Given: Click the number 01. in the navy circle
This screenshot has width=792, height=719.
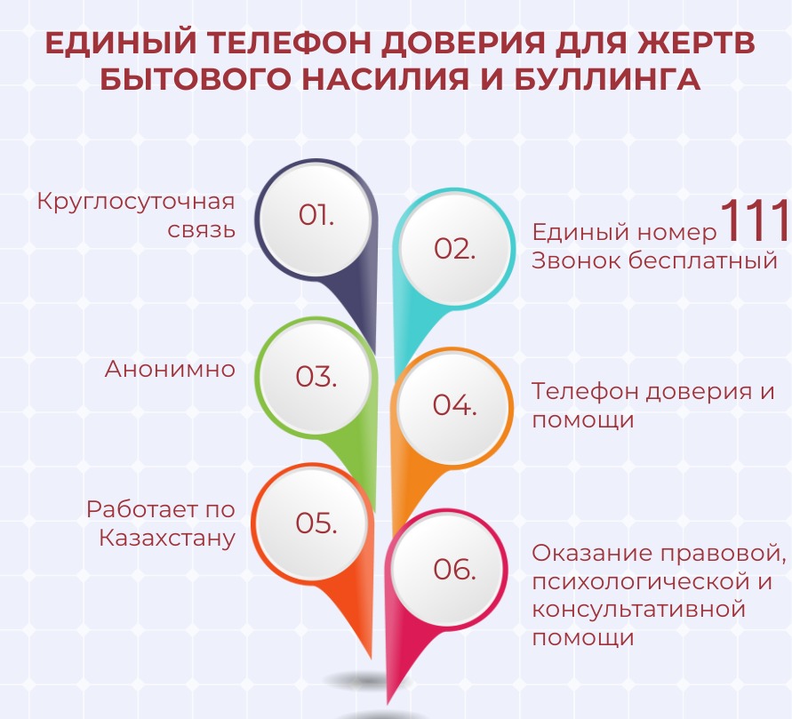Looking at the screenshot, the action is coord(316,215).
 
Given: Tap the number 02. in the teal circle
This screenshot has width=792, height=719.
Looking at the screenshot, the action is coord(454,249).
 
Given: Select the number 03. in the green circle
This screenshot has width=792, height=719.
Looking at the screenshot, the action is coord(316,377).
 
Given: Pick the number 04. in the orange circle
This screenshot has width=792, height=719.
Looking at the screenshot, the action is coord(454,405).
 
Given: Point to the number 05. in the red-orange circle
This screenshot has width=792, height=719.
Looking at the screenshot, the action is coord(316,523).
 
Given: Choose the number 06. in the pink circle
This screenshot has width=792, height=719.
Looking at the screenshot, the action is coord(454,569).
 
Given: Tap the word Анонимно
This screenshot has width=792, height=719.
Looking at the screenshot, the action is coord(170,369).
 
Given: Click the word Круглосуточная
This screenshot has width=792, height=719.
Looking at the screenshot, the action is coord(136,202).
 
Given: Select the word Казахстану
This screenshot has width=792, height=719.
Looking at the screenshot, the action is coord(167,539).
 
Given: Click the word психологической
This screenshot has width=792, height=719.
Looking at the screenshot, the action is coord(641,581).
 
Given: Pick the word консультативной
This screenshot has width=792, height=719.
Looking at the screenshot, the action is coord(639,609).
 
